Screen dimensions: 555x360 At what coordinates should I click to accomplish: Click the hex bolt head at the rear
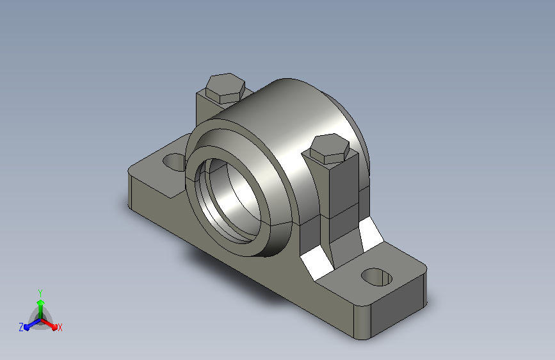pyautogui.click(x=225, y=88)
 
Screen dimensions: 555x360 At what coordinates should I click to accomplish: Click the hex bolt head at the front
pyautogui.click(x=330, y=149)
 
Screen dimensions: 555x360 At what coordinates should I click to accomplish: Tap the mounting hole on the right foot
pyautogui.click(x=377, y=277)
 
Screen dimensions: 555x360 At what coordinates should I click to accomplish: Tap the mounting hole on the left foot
pyautogui.click(x=174, y=162)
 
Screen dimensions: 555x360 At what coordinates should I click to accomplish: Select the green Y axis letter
pyautogui.click(x=40, y=293)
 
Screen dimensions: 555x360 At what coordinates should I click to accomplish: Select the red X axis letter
pyautogui.click(x=60, y=327)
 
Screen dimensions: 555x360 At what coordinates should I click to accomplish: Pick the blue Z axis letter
pyautogui.click(x=21, y=327)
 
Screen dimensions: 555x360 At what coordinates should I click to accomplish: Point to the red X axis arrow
pyautogui.click(x=49, y=324)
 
